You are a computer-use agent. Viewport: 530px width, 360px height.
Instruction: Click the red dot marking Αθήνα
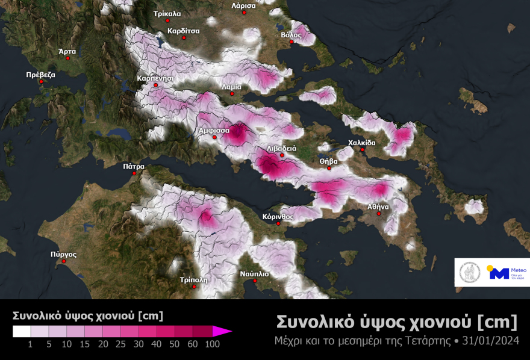379,214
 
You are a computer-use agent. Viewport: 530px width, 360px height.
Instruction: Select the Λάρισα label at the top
243,5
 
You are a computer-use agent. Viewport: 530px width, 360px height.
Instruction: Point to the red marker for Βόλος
291,42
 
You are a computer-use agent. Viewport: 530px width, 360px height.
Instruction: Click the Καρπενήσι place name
155,78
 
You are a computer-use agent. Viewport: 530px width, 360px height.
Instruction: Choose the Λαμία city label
232,87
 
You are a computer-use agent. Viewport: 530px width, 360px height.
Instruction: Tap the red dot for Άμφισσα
214,137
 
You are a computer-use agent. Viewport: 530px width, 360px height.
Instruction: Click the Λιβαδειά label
282,148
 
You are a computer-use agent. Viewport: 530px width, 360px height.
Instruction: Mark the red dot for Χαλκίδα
362,150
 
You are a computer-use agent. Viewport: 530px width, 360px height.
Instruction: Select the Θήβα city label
328,161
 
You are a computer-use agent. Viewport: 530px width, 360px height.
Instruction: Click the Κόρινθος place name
278,216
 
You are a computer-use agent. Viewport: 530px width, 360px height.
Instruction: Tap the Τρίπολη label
193,280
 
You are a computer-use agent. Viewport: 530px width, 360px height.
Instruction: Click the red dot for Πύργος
63,261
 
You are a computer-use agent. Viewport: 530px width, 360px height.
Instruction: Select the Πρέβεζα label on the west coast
41,75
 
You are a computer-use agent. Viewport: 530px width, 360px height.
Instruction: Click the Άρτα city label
67,52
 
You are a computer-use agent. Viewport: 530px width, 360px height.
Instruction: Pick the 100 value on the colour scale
211,344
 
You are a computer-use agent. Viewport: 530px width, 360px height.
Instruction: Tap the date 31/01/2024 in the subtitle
490,341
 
